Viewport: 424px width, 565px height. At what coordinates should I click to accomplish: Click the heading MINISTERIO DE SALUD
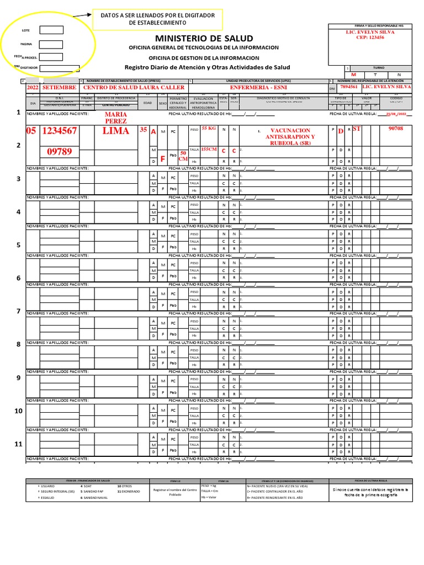204,38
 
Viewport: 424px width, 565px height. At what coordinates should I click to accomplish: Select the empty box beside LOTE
51,30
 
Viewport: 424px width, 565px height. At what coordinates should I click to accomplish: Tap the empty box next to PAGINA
51,44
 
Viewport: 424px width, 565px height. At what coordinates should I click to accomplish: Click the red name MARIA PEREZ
115,118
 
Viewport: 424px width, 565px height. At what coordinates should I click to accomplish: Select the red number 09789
59,151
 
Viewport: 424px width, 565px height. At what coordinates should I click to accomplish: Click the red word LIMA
115,131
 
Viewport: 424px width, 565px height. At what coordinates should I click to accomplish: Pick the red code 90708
396,129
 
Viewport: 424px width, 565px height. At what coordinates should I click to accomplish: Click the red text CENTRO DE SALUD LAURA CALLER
134,87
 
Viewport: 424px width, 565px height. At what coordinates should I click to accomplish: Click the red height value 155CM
209,150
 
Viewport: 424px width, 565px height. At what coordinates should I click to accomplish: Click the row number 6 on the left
18,278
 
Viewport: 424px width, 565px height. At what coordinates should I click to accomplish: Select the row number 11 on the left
18,444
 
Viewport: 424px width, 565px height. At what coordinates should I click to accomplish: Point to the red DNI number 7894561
348,87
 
